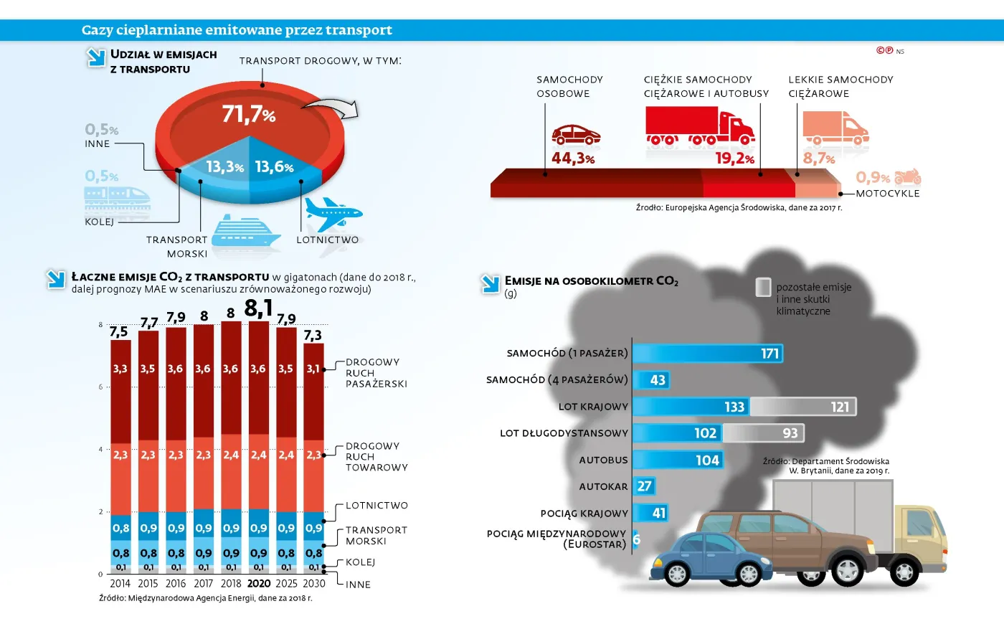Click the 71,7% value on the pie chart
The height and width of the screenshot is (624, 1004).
tap(248, 114)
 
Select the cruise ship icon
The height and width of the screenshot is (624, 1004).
tap(246, 231)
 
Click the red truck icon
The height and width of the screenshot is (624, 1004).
tap(699, 127)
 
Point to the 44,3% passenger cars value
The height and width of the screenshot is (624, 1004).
tap(572, 159)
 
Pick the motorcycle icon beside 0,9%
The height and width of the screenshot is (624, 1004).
tap(907, 176)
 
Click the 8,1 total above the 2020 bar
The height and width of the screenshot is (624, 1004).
tap(258, 308)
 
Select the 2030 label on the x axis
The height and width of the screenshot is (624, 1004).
tap(313, 583)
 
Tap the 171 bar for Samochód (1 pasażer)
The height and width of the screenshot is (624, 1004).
tap(707, 354)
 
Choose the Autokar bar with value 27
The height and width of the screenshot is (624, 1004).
tap(644, 486)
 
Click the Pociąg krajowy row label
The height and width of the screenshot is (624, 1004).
tap(584, 514)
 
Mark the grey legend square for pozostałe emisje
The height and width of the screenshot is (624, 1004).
tap(763, 287)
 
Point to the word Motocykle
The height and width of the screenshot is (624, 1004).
tap(887, 194)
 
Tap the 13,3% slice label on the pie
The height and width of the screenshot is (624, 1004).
tap(224, 167)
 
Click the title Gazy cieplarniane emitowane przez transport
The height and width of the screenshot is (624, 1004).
tap(237, 30)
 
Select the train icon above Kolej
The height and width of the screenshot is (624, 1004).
tap(117, 197)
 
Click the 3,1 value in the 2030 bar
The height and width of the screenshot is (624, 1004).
tap(313, 369)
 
